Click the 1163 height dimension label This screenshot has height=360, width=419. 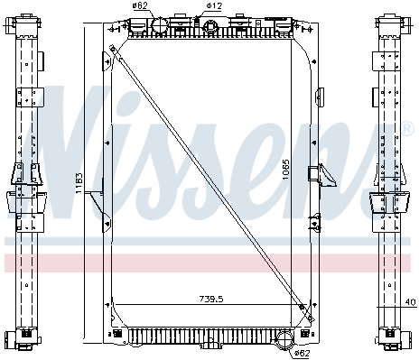coord(79,183)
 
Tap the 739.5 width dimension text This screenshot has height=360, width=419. coord(211,299)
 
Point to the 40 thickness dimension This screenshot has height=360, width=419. coord(410,302)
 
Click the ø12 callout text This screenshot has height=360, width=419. coord(214,5)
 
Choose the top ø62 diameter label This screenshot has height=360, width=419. coord(140,5)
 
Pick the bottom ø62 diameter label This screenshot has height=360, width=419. coord(302,353)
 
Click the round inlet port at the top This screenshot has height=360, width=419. coord(159,25)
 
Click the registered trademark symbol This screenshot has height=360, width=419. coord(408,128)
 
